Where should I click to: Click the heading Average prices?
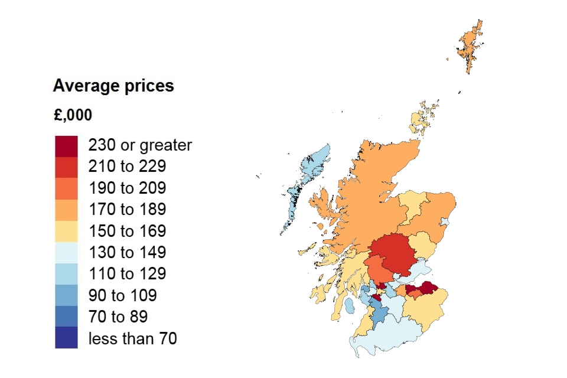point(113,86)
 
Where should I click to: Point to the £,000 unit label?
point(73,115)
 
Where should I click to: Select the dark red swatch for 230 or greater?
point(66,146)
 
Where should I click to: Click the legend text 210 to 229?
point(127,167)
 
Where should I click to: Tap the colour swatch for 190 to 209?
point(66,188)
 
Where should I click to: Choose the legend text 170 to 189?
point(127,210)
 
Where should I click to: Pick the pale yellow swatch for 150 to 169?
point(66,231)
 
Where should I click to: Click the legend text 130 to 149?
point(127,253)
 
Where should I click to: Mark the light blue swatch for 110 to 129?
point(66,274)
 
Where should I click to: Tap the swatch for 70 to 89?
point(66,317)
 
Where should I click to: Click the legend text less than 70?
point(132,338)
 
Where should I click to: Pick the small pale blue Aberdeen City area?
point(445,223)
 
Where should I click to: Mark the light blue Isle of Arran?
point(350,307)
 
